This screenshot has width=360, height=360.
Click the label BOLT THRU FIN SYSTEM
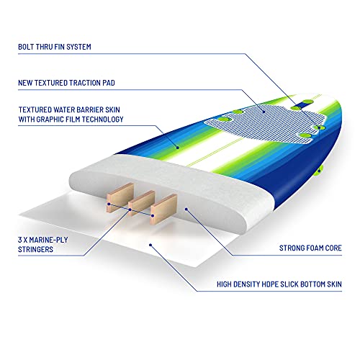click(55, 47)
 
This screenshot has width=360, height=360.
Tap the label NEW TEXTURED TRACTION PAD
click(66, 83)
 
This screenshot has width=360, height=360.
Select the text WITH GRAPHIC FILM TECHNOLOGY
click(71, 120)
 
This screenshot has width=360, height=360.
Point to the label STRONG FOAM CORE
click(310, 248)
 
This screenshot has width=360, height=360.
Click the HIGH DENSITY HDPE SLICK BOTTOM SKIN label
click(279, 284)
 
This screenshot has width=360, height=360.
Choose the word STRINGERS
click(35, 249)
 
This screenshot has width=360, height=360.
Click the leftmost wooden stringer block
click(120, 197)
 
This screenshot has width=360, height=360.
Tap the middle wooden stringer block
click(142, 203)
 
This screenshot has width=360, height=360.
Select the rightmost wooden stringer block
click(163, 209)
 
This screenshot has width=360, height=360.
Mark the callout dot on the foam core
click(186, 210)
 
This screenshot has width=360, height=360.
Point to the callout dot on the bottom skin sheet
click(150, 245)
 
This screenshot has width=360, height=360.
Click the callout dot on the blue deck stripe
click(178, 148)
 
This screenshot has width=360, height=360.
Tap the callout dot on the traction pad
click(264, 112)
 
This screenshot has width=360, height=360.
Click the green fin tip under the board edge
click(320, 170)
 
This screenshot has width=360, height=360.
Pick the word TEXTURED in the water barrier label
click(35, 109)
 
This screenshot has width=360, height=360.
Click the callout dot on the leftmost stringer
click(109, 204)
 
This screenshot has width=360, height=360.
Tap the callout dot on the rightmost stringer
click(153, 216)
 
